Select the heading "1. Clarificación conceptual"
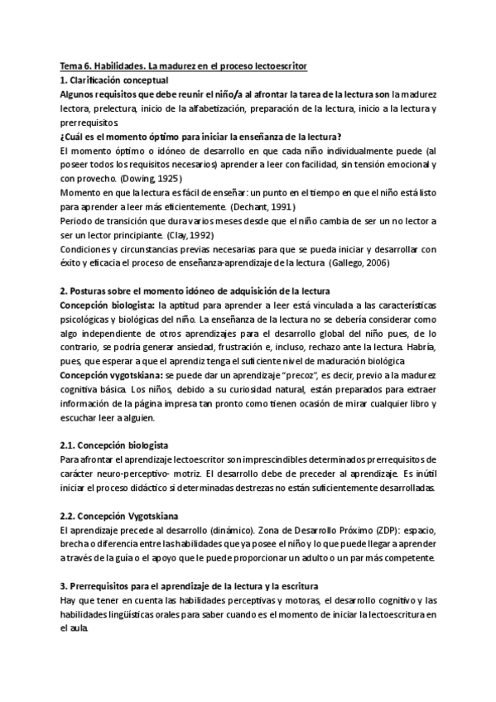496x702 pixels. pos(113,79)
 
